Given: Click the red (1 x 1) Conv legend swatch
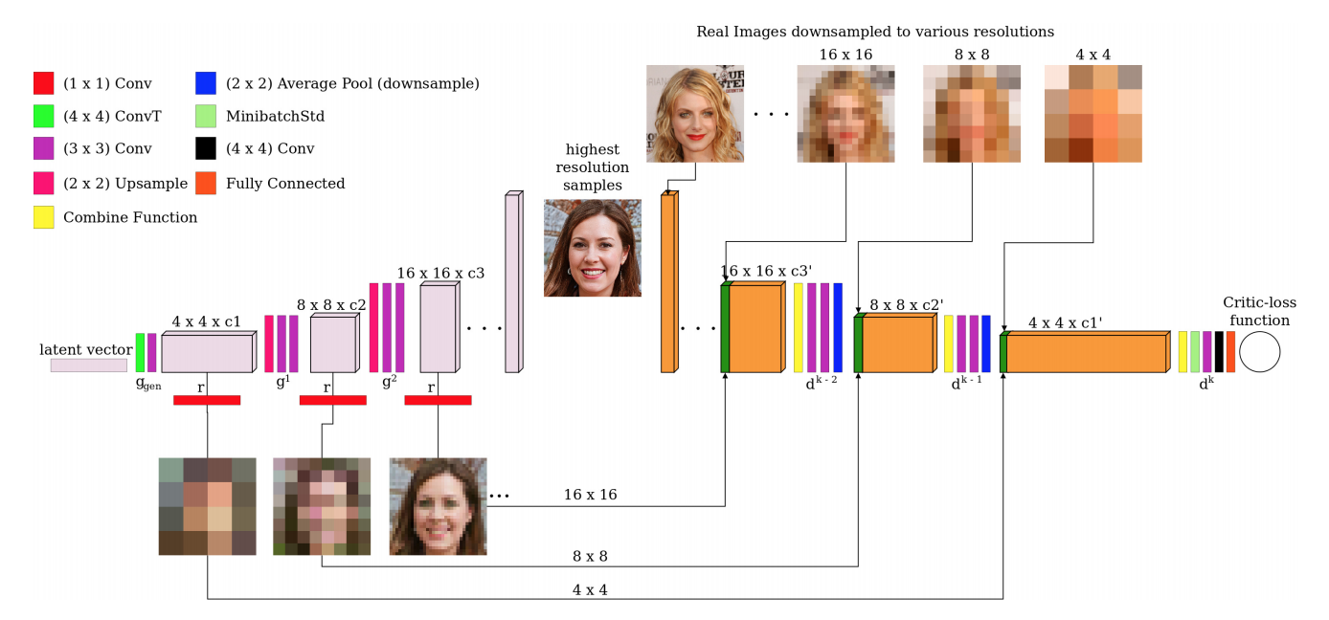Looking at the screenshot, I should click(43, 83).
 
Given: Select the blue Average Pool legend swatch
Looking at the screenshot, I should click(205, 83).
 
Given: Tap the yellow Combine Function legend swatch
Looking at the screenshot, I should click(43, 217).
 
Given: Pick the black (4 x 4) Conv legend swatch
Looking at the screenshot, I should click(205, 149).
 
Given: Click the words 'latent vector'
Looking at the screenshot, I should click(86, 349).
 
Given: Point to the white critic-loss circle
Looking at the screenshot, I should click(1259, 352).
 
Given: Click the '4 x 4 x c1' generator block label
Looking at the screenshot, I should click(206, 322).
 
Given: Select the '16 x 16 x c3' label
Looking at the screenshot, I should click(439, 273).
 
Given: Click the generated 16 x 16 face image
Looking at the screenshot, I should click(438, 506).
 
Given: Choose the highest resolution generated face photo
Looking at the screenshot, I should click(592, 248).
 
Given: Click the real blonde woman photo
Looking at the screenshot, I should click(694, 114).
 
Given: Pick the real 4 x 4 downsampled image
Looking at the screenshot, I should click(1093, 114).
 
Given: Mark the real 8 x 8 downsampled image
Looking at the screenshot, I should click(972, 114).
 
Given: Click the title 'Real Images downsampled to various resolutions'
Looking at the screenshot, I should click(875, 32).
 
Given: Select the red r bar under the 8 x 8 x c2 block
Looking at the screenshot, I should click(332, 400).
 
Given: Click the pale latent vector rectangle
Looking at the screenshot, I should click(88, 365).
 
